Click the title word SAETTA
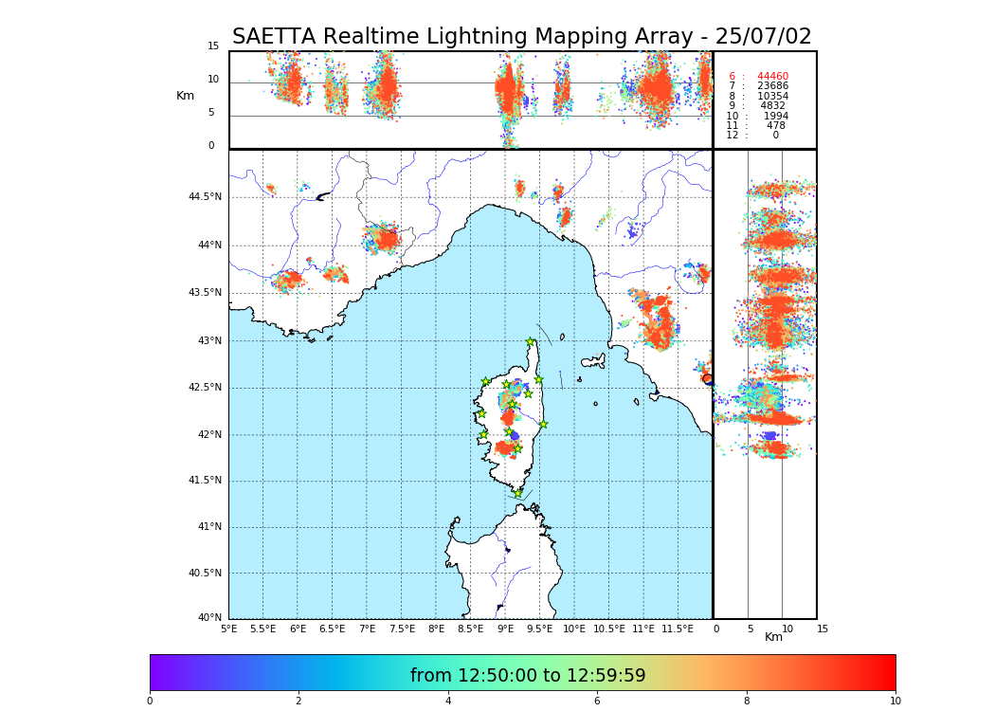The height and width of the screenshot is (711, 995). tap(274, 37)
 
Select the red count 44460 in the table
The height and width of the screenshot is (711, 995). tap(772, 77)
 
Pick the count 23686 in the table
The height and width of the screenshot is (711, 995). tap(772, 86)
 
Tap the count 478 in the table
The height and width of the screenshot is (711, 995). tap(776, 126)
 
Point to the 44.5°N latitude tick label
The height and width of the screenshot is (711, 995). tap(204, 197)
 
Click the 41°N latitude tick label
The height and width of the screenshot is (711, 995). tap(208, 527)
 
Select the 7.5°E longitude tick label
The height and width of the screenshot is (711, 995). tap(402, 629)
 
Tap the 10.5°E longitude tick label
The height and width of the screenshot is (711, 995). tap(609, 629)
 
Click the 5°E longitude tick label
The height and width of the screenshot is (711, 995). tap(229, 629)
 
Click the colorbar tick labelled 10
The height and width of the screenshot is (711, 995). tap(895, 702)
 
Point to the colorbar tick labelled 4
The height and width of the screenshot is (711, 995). tap(448, 702)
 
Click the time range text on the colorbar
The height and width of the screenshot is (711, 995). tap(528, 676)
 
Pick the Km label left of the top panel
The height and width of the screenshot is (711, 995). tap(185, 96)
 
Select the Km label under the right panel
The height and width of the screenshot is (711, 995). tap(773, 637)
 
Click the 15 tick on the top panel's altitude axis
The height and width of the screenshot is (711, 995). tap(213, 46)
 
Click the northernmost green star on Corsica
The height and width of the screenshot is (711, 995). tap(531, 342)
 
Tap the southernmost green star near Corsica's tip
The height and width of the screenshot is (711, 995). tap(517, 493)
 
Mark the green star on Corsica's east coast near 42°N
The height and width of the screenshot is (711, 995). tap(543, 424)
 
